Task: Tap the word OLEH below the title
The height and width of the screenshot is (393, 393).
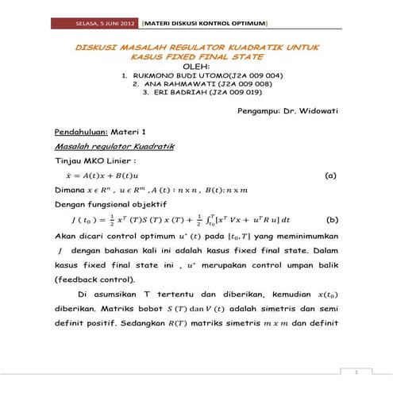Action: [x=195, y=67]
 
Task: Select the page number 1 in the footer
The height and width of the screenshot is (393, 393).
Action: [x=358, y=372]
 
